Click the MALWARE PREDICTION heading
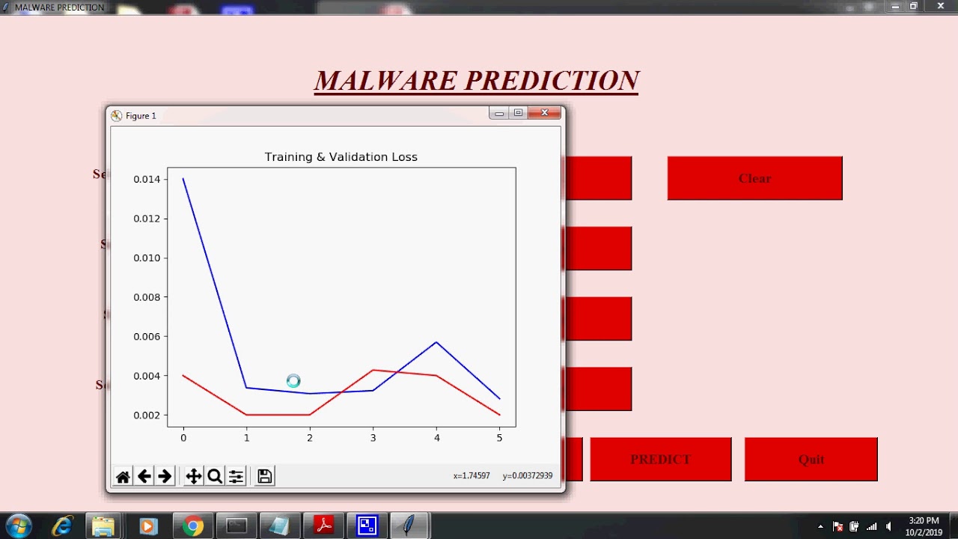(476, 81)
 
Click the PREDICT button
(660, 459)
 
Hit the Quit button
(811, 459)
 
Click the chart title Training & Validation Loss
(341, 157)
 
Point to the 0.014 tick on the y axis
(147, 180)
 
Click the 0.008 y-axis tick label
(147, 297)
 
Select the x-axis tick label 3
(373, 438)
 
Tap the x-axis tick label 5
(499, 438)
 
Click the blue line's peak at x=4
(436, 342)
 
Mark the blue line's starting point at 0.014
(183, 179)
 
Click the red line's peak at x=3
(373, 370)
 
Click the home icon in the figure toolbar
(123, 476)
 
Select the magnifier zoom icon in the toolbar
(215, 476)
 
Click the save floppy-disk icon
(264, 476)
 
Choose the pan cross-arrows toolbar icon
(193, 476)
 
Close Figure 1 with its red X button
(544, 113)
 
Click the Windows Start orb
(19, 526)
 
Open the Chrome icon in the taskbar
(193, 526)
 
